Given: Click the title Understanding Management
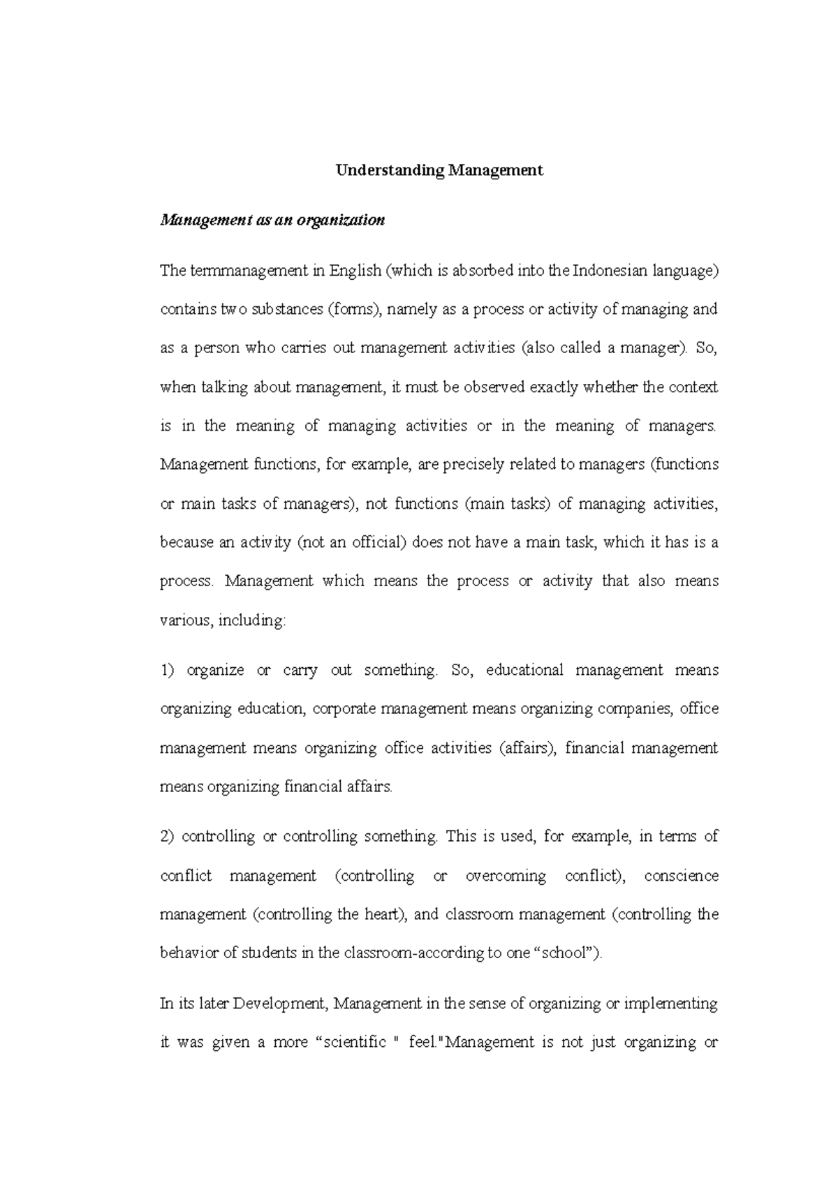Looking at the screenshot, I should pyautogui.click(x=439, y=170).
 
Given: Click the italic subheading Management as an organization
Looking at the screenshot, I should pyautogui.click(x=272, y=221).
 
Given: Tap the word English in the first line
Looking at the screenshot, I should pyautogui.click(x=355, y=271).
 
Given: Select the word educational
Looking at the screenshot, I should pyautogui.click(x=524, y=671).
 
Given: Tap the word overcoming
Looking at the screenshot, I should pyautogui.click(x=506, y=876).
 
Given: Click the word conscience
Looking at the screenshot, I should pyautogui.click(x=681, y=876).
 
